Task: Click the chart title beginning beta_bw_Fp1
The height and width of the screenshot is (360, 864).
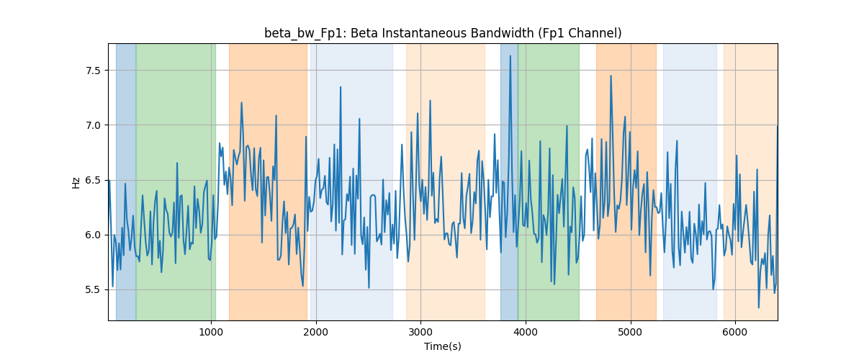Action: (x=443, y=34)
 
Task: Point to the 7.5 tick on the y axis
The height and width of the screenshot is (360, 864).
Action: (x=93, y=71)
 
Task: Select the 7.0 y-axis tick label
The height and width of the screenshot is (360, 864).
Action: (x=93, y=125)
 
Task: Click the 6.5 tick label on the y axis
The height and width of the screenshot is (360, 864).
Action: (x=93, y=180)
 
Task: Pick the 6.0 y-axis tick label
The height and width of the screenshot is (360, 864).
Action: (x=93, y=235)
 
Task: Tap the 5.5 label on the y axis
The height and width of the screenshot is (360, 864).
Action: (x=93, y=289)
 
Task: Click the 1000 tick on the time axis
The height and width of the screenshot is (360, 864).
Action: (x=211, y=332)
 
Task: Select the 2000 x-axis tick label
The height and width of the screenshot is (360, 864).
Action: (x=316, y=332)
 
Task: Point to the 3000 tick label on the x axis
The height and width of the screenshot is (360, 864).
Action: (x=420, y=332)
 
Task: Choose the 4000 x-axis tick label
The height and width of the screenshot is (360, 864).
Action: (x=526, y=332)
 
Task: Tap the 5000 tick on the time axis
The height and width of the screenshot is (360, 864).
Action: (x=631, y=332)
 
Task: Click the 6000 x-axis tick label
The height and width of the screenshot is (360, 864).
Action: (x=735, y=332)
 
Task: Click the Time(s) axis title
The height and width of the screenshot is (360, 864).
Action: (x=443, y=346)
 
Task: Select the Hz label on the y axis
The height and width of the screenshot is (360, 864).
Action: (x=76, y=183)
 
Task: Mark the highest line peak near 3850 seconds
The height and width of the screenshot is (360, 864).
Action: (x=510, y=56)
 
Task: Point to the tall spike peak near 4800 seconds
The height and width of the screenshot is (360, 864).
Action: (x=611, y=76)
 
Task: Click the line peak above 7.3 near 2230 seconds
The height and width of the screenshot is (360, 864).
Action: (x=341, y=87)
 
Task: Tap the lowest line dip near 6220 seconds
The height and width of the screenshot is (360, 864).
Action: (x=759, y=307)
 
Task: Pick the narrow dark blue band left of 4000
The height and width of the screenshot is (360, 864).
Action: (x=509, y=181)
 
